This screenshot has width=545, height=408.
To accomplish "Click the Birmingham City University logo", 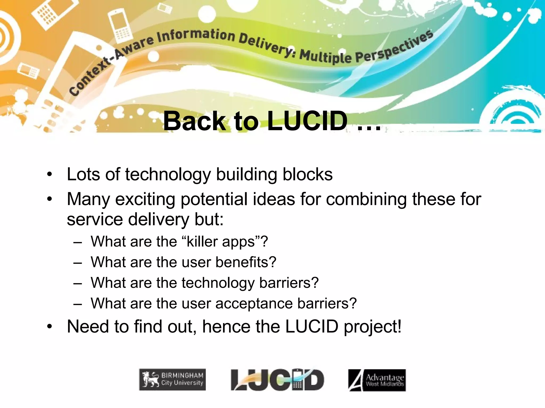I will tap(172, 380).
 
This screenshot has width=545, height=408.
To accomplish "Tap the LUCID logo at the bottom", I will tap(277, 380).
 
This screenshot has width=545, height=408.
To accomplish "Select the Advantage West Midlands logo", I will tap(377, 380).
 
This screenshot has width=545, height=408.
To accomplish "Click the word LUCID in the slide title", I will tap(307, 121).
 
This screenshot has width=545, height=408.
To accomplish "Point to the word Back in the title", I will tap(195, 121).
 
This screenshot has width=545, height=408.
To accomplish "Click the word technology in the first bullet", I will tap(168, 175).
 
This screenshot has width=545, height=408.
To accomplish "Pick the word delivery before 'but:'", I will tap(159, 219).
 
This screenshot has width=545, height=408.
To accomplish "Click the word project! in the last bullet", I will tap(373, 327).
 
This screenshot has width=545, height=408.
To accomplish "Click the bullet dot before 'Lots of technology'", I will tap(49, 175).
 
